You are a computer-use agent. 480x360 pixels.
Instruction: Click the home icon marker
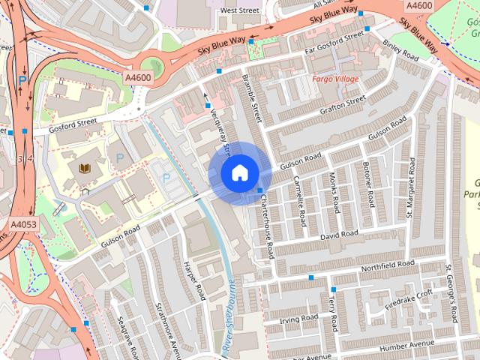[239, 173]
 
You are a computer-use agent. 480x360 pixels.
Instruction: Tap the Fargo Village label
[335, 79]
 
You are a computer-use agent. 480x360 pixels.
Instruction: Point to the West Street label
[239, 11]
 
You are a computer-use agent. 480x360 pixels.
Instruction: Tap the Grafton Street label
[343, 103]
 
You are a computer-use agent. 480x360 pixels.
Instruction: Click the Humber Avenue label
[408, 344]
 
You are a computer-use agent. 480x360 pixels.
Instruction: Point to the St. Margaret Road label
[410, 187]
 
